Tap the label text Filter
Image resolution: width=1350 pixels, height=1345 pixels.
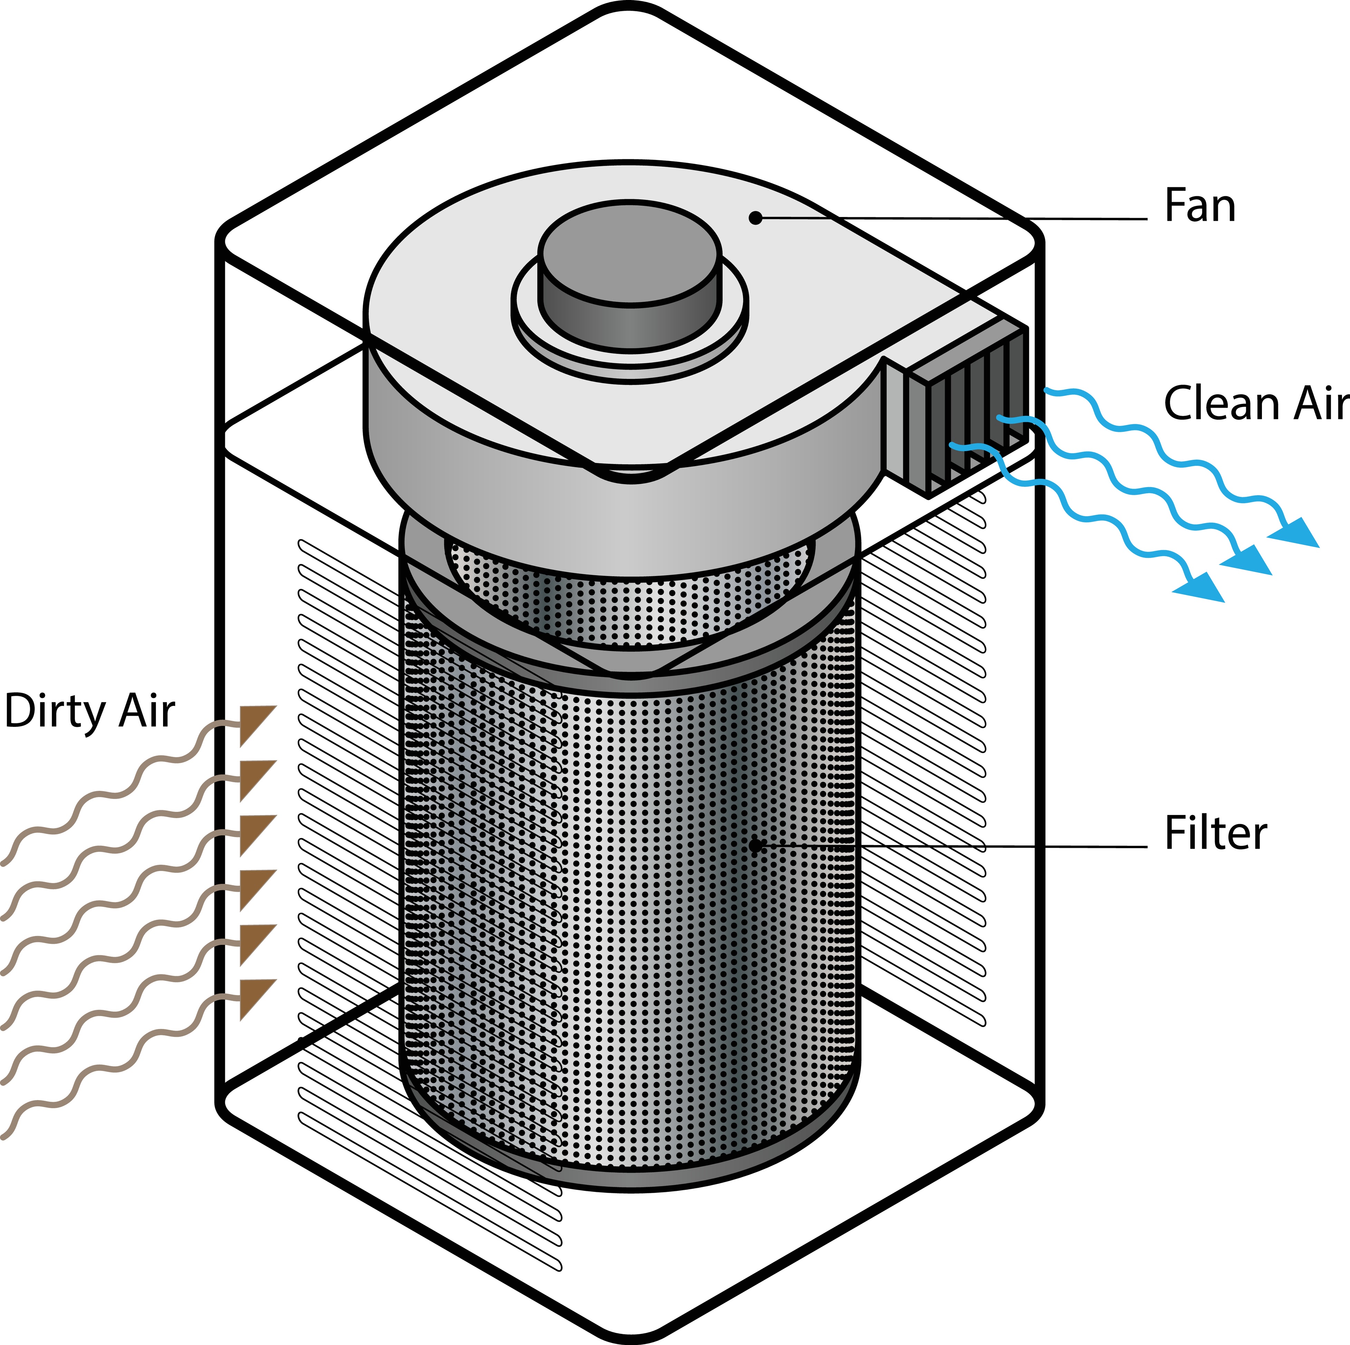click(1215, 834)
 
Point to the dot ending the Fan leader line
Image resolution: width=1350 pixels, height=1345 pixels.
click(755, 218)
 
